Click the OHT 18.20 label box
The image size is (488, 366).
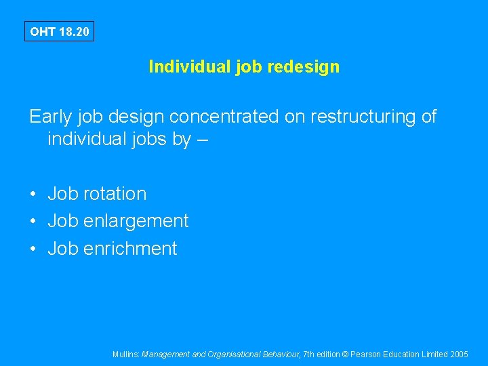tap(59, 32)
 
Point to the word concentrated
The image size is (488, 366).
tap(224, 117)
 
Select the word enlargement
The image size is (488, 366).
tap(136, 221)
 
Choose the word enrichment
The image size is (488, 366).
tap(130, 249)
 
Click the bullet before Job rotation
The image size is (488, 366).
tap(33, 195)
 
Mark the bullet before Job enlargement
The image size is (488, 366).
tap(33, 222)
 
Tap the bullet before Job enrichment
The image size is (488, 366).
tap(33, 249)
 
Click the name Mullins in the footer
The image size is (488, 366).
tap(126, 354)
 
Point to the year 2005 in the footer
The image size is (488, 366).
tap(460, 354)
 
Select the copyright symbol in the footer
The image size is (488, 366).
tap(346, 354)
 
